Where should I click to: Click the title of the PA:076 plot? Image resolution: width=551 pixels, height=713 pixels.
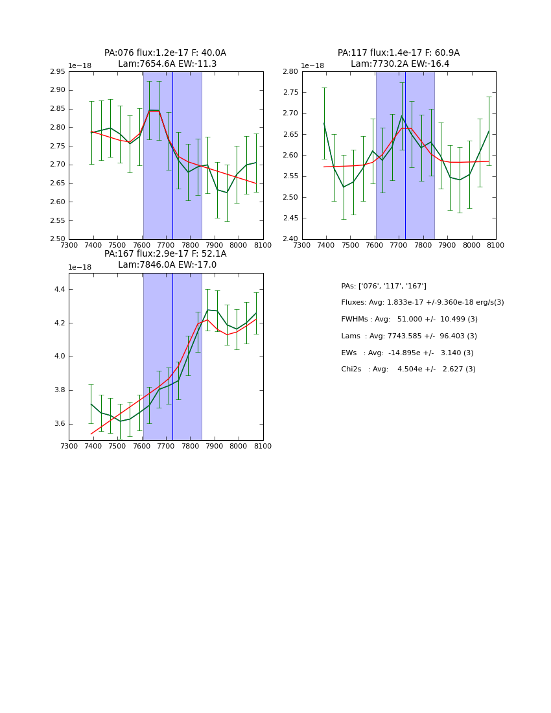point(165,58)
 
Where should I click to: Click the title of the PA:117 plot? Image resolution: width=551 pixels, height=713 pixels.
point(399,58)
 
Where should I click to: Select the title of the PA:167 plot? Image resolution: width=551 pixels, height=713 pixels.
point(165,259)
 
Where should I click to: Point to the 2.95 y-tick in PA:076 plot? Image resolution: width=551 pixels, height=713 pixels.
point(58,71)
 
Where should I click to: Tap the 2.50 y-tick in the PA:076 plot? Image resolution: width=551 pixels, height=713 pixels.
point(58,239)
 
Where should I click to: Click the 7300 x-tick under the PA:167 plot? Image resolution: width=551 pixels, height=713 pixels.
point(69,446)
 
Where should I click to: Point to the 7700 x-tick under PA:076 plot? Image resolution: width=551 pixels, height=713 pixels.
point(166,245)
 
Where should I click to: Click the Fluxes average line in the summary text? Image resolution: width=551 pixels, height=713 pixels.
point(422,303)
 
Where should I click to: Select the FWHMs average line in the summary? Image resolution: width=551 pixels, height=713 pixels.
point(409,320)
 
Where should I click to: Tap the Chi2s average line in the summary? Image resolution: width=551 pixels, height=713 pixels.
point(408,369)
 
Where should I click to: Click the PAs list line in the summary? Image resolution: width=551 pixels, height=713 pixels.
point(384,286)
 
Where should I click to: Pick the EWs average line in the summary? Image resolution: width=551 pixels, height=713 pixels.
point(407,353)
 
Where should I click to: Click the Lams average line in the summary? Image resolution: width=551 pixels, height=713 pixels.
point(409,336)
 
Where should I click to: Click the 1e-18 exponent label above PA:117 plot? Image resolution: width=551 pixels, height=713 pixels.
point(312,66)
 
